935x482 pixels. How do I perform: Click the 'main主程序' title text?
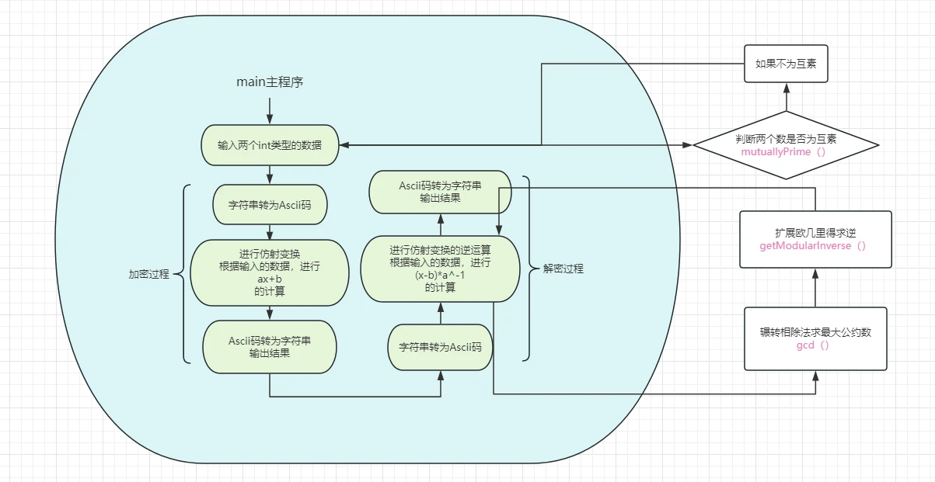[269, 81]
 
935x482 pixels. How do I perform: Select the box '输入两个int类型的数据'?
[269, 145]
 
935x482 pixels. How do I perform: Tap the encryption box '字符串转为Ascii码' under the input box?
[269, 206]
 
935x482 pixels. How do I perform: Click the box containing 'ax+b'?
[269, 272]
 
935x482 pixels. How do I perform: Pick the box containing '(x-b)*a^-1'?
[440, 269]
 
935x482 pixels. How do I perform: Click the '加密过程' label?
[148, 274]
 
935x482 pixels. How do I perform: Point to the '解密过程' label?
[562, 269]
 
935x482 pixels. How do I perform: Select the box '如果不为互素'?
[785, 64]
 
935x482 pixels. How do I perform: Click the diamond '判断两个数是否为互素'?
[785, 145]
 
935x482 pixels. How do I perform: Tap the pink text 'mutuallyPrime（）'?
[785, 152]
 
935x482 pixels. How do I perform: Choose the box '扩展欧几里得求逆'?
[815, 239]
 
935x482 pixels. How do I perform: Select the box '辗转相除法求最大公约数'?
[815, 338]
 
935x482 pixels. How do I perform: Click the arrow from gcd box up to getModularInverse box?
[815, 288]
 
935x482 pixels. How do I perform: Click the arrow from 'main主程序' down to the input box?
[269, 107]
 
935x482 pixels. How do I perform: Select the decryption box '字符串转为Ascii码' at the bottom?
[440, 346]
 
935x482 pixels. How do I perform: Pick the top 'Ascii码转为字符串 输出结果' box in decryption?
[440, 192]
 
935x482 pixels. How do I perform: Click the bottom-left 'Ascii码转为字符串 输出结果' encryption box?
[269, 347]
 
